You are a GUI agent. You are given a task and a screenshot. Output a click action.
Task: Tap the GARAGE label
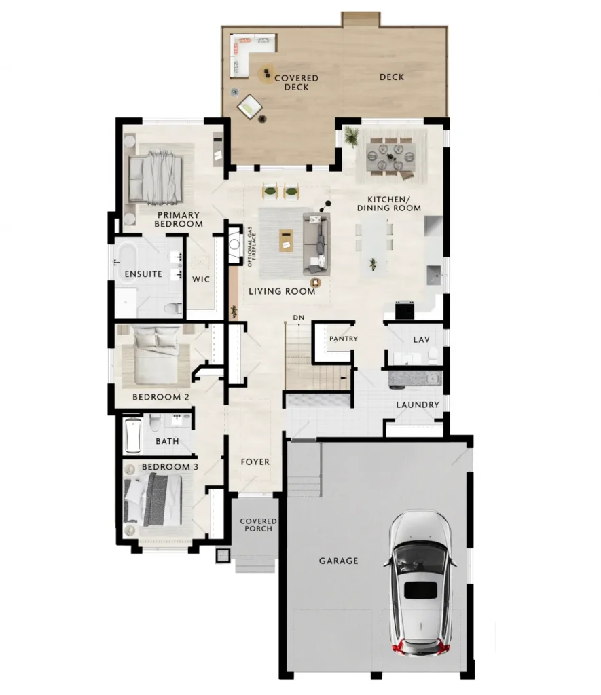(x=338, y=561)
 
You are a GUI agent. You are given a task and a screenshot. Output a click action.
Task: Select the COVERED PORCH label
(x=258, y=525)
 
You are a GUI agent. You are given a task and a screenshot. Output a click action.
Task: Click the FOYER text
(x=255, y=462)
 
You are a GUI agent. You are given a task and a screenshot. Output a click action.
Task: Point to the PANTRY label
(x=344, y=339)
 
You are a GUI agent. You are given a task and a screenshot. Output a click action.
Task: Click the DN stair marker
(x=299, y=318)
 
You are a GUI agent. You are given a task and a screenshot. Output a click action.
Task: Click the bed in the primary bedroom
(x=156, y=178)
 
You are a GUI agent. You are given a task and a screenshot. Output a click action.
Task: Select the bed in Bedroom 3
(x=153, y=500)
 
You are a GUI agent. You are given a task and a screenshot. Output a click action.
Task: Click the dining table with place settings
(x=390, y=157)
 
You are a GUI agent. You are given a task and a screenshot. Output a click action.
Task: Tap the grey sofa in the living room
(x=316, y=244)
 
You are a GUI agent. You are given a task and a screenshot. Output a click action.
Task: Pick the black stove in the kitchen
(x=405, y=309)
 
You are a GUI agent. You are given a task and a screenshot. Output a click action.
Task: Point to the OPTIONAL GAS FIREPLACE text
(x=252, y=247)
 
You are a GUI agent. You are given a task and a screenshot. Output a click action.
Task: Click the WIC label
(x=200, y=279)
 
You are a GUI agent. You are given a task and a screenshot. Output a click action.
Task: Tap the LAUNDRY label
(x=418, y=405)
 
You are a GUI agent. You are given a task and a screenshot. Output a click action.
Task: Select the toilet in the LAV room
(x=433, y=355)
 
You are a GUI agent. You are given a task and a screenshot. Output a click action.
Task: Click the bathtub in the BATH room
(x=133, y=436)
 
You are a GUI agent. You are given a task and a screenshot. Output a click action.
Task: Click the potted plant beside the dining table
(x=351, y=136)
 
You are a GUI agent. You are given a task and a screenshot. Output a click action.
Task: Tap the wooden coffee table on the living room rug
(x=286, y=241)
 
